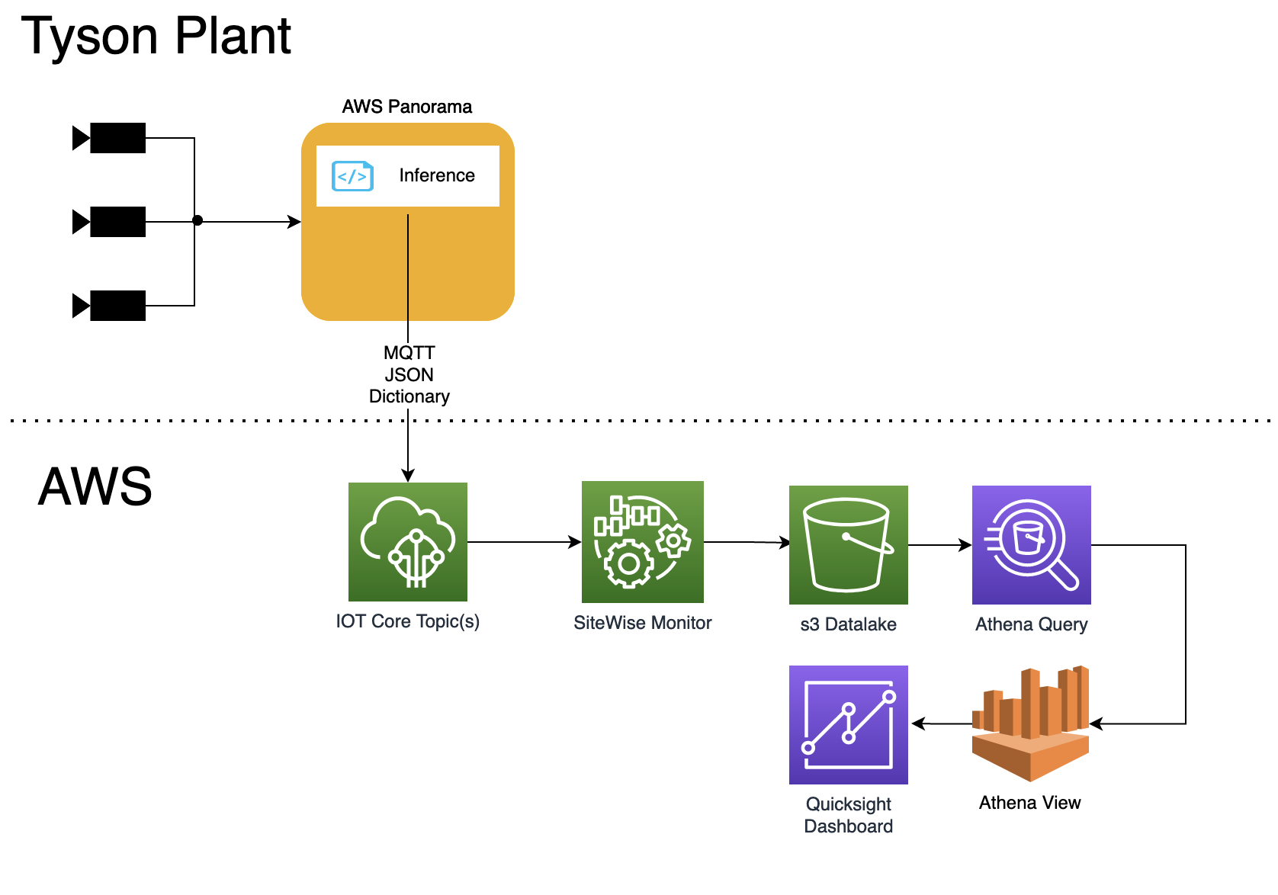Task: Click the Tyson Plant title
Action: point(156,37)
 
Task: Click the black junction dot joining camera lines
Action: point(197,220)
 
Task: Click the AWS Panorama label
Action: point(406,107)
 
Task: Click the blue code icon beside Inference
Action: point(352,176)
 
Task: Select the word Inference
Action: point(436,175)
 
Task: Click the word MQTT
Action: point(409,353)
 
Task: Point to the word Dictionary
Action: point(409,396)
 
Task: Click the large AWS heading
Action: point(95,486)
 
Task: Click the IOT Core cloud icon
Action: point(407,542)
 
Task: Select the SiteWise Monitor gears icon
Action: point(642,542)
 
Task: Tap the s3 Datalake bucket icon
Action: point(848,545)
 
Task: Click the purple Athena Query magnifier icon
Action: point(1031,545)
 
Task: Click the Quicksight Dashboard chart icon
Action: point(848,724)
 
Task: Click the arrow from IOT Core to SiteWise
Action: point(524,542)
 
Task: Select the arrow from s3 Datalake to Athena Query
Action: point(939,545)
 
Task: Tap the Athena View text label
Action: point(1029,803)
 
